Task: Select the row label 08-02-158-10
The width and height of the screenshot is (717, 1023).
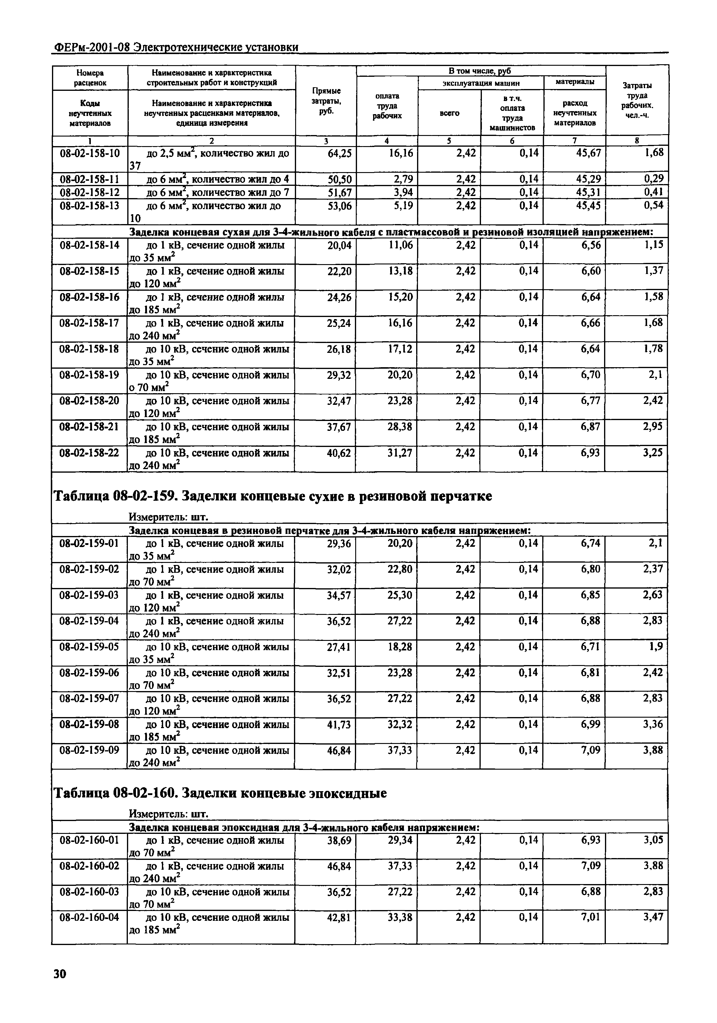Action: click(x=90, y=154)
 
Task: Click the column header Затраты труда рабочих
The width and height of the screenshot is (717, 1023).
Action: click(x=637, y=100)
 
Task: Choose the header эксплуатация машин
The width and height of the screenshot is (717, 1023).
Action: click(x=481, y=83)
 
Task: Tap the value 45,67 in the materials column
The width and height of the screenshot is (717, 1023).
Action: click(x=588, y=153)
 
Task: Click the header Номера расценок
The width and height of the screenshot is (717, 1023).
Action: click(x=90, y=77)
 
